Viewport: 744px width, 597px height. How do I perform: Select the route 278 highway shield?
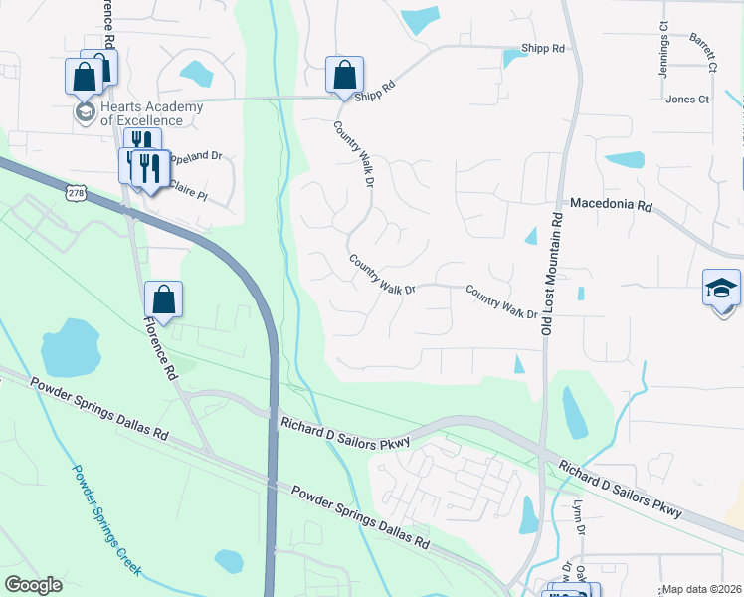[x=77, y=192]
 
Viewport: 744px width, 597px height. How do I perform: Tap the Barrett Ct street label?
[x=703, y=52]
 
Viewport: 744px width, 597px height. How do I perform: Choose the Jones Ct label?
[x=687, y=99]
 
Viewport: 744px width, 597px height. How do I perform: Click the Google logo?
[x=33, y=585]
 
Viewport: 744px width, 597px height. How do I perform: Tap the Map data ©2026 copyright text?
[x=701, y=589]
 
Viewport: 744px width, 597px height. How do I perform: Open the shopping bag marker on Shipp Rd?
[x=344, y=75]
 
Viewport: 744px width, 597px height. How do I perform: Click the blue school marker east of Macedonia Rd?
[x=721, y=289]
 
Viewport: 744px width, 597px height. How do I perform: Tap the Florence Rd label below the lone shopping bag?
[x=159, y=349]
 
